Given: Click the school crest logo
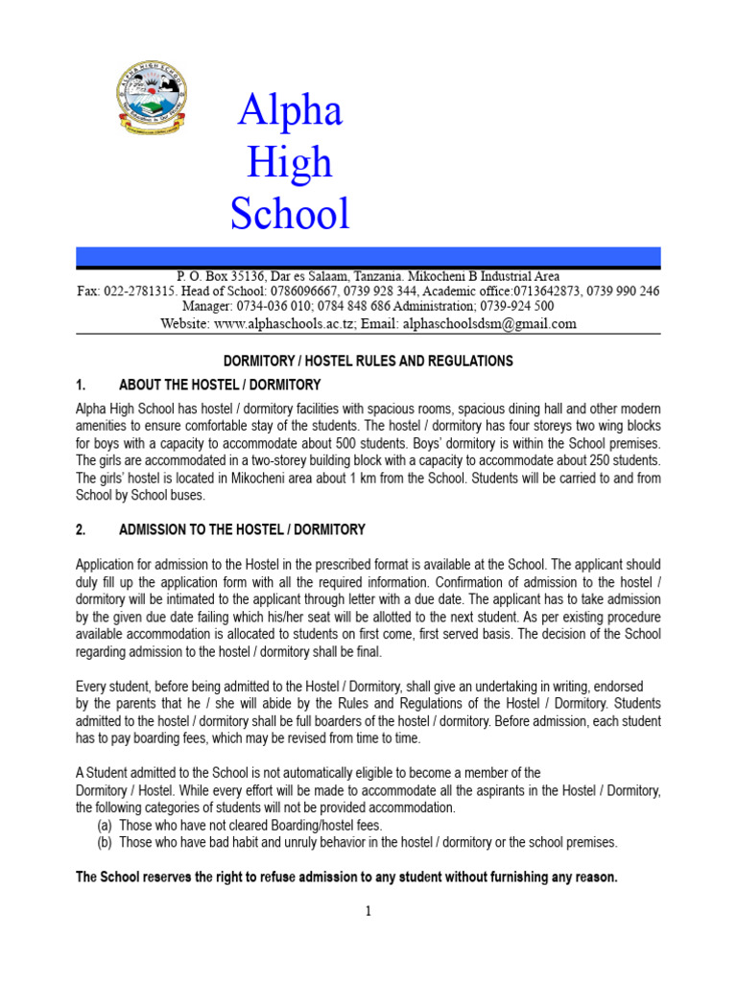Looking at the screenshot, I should click(152, 100).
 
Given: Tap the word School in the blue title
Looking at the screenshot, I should click(290, 213).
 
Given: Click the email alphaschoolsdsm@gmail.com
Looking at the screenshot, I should click(489, 324).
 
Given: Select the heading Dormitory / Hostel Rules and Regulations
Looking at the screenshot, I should click(368, 362).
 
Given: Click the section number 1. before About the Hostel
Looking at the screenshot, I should click(81, 386).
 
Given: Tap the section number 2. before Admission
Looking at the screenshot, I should click(81, 530).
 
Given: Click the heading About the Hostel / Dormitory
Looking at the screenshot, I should click(220, 386).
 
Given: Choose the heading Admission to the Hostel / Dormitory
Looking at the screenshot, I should click(242, 530).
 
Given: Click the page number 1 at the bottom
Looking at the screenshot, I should click(368, 911).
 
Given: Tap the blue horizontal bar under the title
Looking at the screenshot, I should click(368, 256).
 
